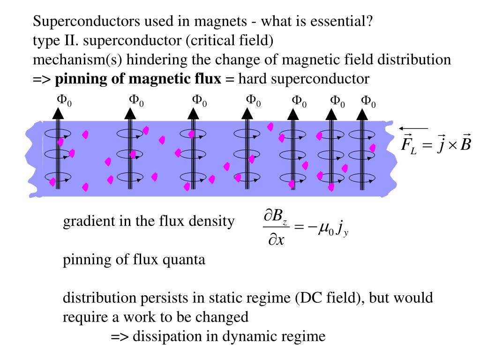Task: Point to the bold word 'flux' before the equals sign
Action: point(208,78)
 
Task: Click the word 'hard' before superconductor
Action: point(253,78)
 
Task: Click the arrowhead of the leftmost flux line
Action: point(58,113)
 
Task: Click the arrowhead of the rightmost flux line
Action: point(362,114)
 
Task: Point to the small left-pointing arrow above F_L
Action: point(413,128)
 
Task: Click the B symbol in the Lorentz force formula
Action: point(465,142)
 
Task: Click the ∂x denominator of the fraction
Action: point(276,240)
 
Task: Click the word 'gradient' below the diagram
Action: point(84,222)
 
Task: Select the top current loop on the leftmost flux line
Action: point(58,134)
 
